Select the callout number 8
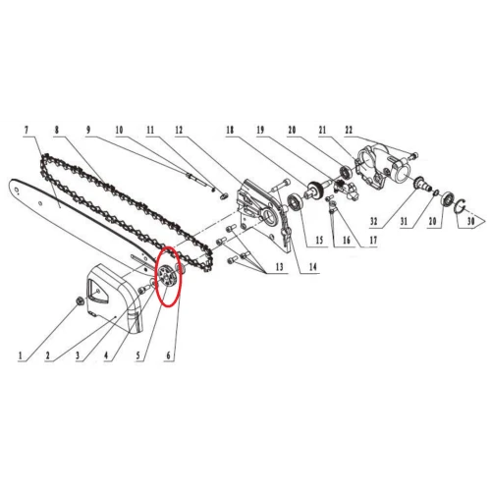click(x=60, y=130)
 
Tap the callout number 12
click(x=179, y=130)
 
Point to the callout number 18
click(x=228, y=130)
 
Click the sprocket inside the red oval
click(x=167, y=278)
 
